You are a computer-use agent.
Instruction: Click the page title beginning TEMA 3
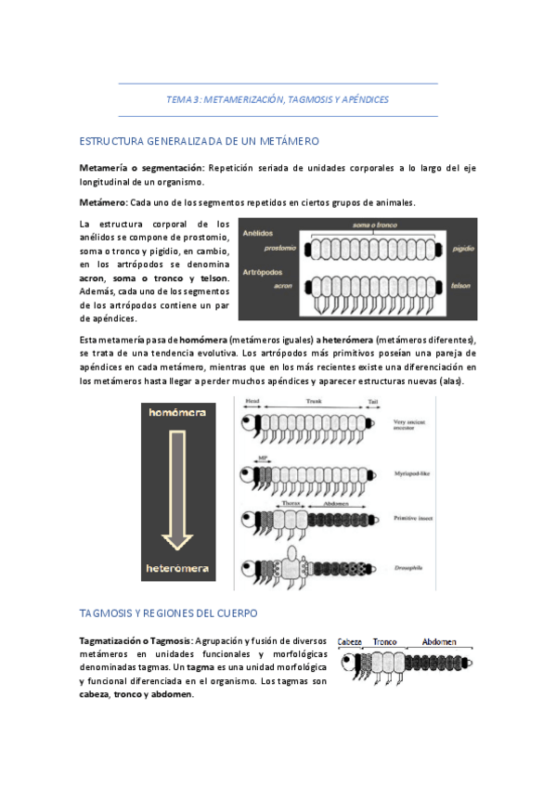point(277,98)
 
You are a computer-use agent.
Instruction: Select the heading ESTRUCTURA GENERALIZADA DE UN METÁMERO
point(200,141)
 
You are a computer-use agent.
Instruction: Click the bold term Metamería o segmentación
point(140,168)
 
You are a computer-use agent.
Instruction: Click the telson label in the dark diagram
point(461,287)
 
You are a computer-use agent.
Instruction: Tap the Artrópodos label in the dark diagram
point(263,273)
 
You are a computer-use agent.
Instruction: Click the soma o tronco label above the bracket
point(376,226)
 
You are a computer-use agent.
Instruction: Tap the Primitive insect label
point(414,520)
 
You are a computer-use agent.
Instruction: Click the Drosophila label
point(409,562)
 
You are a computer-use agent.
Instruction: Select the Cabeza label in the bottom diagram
point(350,641)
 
